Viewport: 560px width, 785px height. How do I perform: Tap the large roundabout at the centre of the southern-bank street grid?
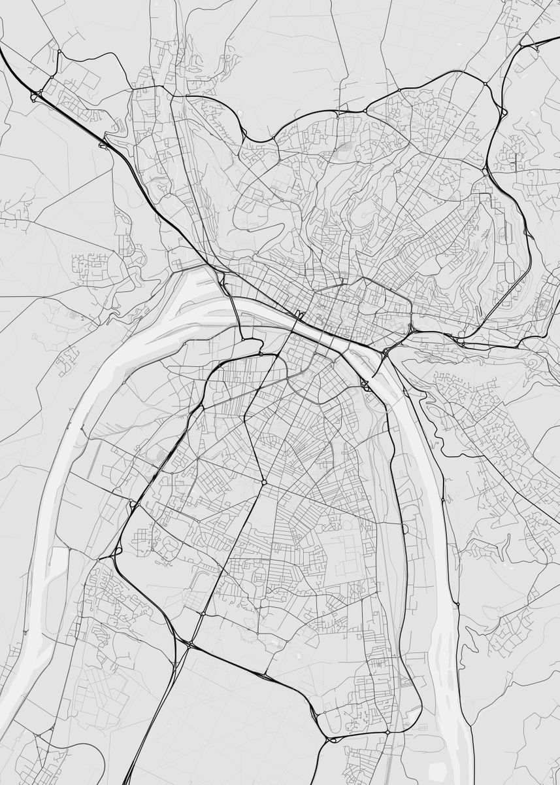[x=264, y=482]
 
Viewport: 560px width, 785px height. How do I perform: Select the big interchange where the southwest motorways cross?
[x=189, y=645]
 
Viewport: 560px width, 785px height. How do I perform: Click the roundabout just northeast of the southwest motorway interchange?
[x=203, y=614]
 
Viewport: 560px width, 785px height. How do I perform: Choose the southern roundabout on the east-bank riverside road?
[x=457, y=603]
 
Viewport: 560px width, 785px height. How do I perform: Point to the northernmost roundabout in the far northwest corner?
[x=59, y=50]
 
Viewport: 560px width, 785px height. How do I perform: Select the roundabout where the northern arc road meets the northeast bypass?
[x=485, y=84]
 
